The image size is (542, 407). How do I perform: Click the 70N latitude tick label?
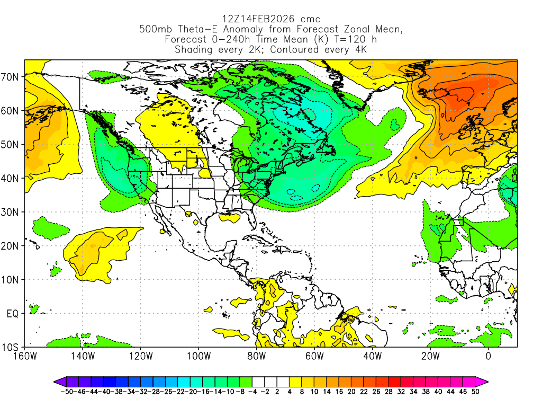[12, 77]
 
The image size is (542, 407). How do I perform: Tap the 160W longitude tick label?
[24, 356]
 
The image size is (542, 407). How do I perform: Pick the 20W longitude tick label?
[430, 356]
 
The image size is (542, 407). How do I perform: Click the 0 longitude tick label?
[489, 356]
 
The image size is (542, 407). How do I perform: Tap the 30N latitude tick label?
[12, 212]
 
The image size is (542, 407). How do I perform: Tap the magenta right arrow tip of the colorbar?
[486, 381]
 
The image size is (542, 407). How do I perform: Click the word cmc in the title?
[309, 20]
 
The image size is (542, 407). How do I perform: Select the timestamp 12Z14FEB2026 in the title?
[252, 20]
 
